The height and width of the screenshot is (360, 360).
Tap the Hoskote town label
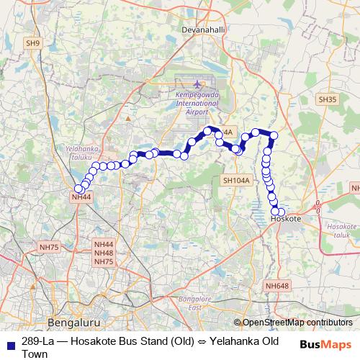click(x=287, y=217)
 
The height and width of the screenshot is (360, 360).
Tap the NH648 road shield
click(x=276, y=286)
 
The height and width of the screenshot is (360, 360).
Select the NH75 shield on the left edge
click(x=50, y=247)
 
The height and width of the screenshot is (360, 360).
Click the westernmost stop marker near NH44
click(x=78, y=189)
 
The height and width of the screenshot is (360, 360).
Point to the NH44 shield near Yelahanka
click(x=82, y=197)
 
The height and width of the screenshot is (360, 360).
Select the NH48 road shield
click(x=104, y=253)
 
